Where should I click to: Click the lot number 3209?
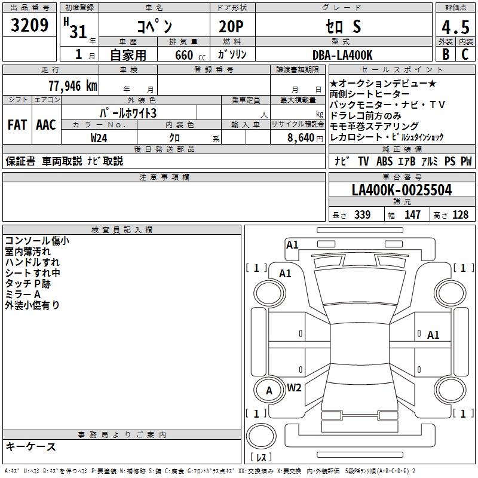pyautogui.click(x=29, y=25)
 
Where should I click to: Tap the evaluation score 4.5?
pyautogui.click(x=455, y=29)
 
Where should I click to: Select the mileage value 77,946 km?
pyautogui.click(x=72, y=85)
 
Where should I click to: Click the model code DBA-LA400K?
pyautogui.click(x=342, y=55)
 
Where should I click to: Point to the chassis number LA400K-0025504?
pyautogui.click(x=402, y=190)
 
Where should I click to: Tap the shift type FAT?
pyautogui.click(x=17, y=125)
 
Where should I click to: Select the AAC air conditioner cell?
pyautogui.click(x=46, y=125)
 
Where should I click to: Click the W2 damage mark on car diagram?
pyautogui.click(x=294, y=387)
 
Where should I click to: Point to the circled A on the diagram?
pyautogui.click(x=269, y=391)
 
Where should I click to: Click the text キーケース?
pyautogui.click(x=30, y=446)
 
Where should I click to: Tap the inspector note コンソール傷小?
pyautogui.click(x=37, y=241)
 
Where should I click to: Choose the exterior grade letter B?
pyautogui.click(x=445, y=54)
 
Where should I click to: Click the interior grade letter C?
pyautogui.click(x=465, y=54)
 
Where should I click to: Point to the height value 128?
pyautogui.click(x=460, y=215)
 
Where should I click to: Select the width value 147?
pyautogui.click(x=412, y=215)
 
